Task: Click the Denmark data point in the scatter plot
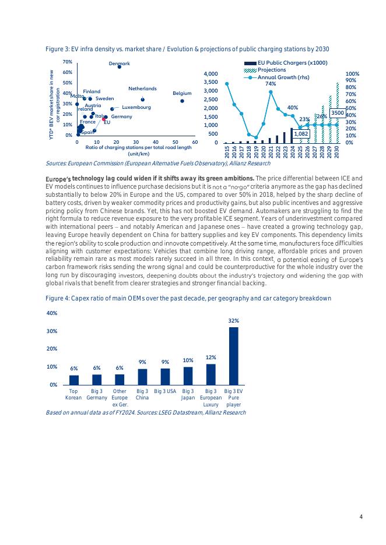[120, 67]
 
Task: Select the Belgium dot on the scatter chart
[182, 101]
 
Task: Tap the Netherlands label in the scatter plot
[142, 89]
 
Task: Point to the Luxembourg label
[136, 108]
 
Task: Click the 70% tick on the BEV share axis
[68, 62]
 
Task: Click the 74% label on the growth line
[271, 84]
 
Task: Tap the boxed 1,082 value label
[301, 134]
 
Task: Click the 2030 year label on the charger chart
[337, 152]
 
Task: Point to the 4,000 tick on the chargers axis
[210, 74]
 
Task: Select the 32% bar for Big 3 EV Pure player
[233, 356]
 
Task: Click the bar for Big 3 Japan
[188, 376]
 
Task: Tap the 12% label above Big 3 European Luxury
[210, 358]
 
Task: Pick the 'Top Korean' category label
[74, 394]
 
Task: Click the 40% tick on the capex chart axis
[51, 313]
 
